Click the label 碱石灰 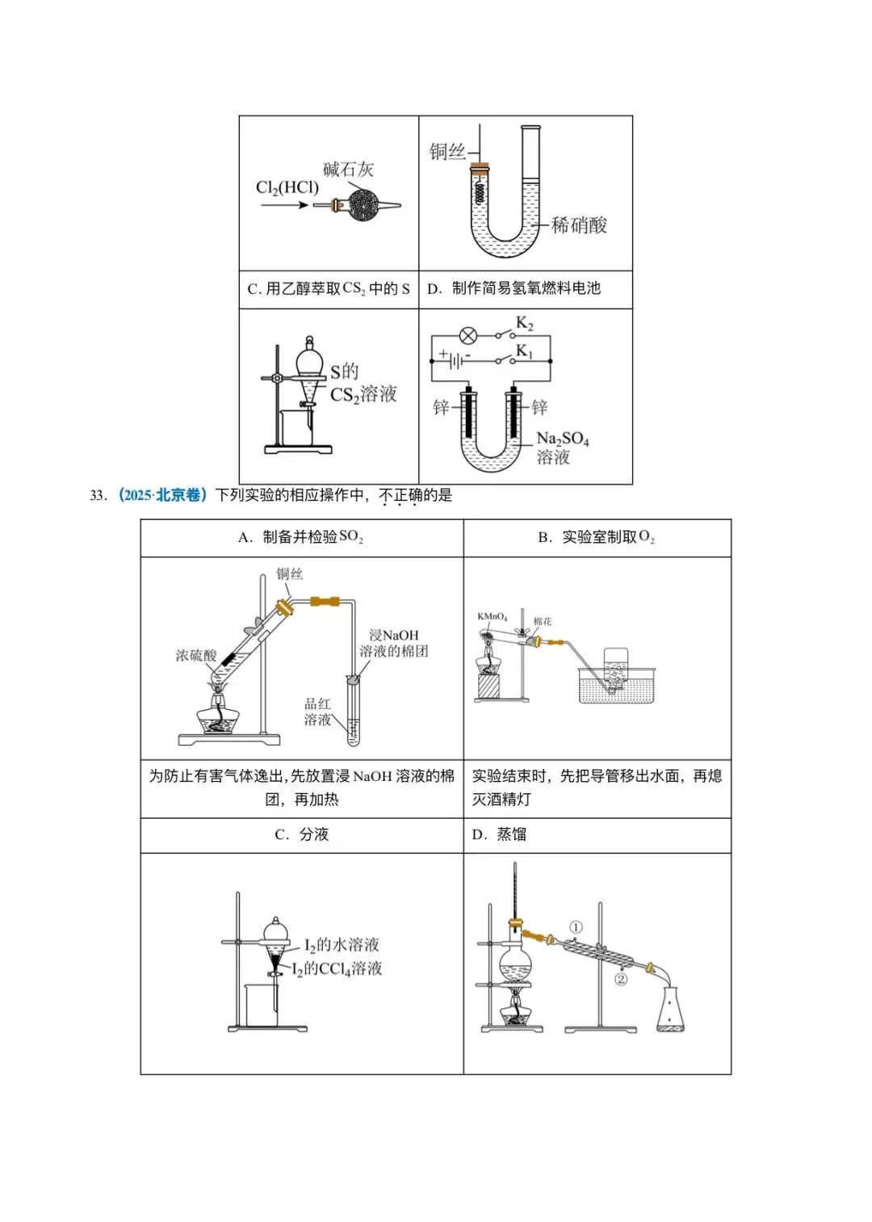(x=348, y=169)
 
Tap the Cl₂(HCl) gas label (x=287, y=188)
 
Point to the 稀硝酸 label (x=579, y=225)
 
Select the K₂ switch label (x=525, y=324)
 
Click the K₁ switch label (x=525, y=351)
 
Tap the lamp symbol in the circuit (x=468, y=335)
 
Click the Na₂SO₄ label (x=563, y=439)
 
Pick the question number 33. (x=98, y=496)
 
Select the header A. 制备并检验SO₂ (x=300, y=538)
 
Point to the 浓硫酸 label (x=196, y=655)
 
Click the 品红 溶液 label (x=317, y=712)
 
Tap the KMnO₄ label (x=492, y=617)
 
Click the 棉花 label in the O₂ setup (x=543, y=622)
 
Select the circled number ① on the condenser (x=576, y=927)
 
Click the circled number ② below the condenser (x=621, y=980)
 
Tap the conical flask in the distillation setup (x=673, y=1010)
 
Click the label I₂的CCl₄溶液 (x=337, y=969)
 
